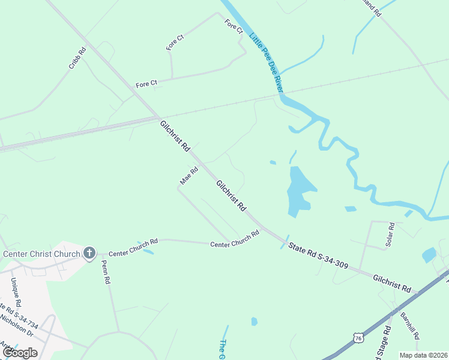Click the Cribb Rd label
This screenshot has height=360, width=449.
77,59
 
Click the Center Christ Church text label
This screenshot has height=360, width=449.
41,254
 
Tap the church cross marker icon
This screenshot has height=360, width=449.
89,253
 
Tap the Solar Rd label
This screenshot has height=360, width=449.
391,235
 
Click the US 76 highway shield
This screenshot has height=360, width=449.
358,338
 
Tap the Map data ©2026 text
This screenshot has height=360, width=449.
423,355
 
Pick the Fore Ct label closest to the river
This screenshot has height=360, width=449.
234,26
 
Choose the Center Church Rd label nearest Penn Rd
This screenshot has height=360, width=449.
133,241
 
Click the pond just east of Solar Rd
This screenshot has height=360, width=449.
429,255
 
